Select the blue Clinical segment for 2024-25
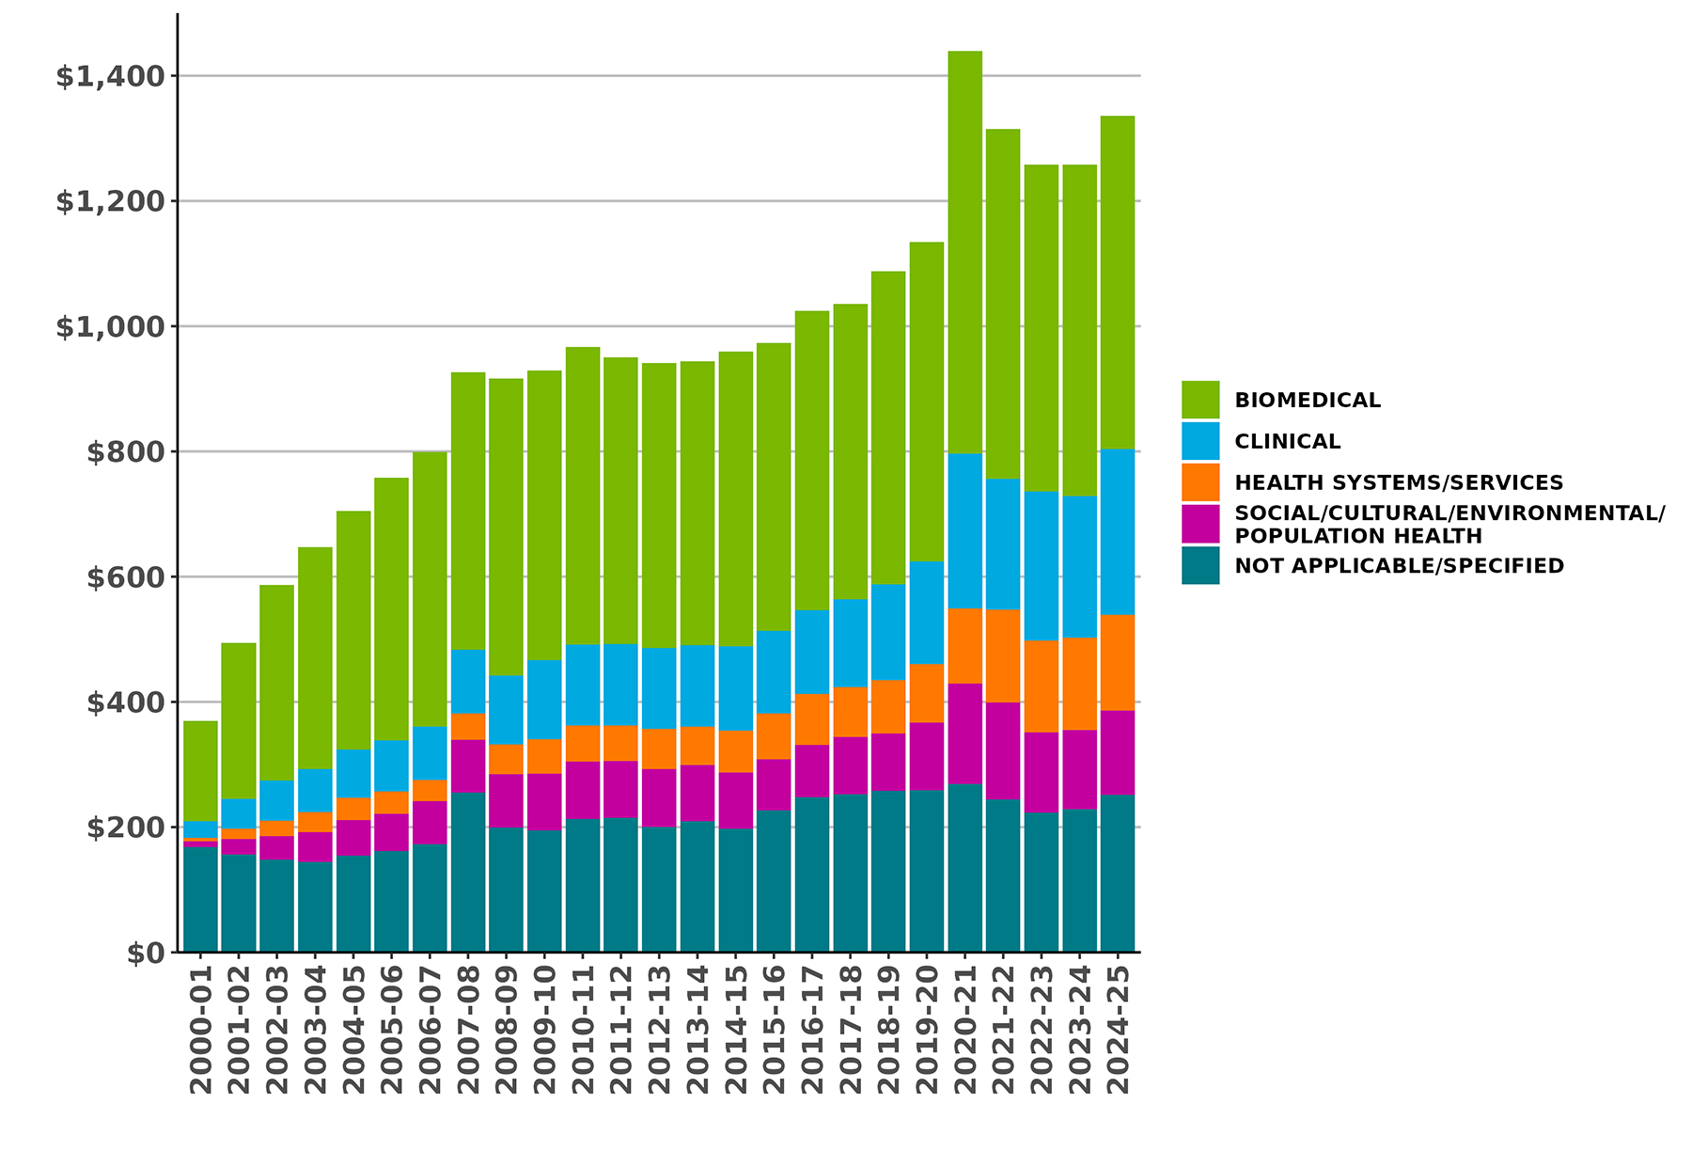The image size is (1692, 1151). (x=1118, y=531)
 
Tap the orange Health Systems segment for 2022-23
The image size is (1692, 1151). (x=1041, y=686)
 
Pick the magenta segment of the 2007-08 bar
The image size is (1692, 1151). (x=468, y=766)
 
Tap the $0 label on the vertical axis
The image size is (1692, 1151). (x=146, y=953)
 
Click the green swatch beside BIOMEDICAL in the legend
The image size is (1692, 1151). (x=1200, y=400)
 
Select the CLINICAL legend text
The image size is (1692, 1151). (x=1287, y=441)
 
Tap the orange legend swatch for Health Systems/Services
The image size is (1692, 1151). (x=1200, y=482)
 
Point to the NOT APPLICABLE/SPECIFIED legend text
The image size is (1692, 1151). (x=1399, y=566)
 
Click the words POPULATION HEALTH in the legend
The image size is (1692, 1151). (x=1357, y=536)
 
